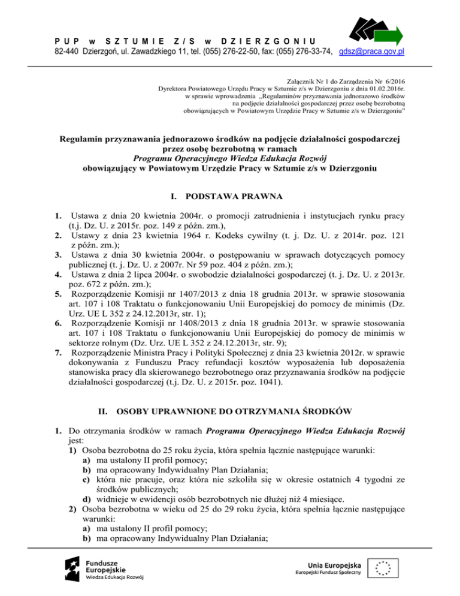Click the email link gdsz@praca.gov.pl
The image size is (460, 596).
coord(371,52)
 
